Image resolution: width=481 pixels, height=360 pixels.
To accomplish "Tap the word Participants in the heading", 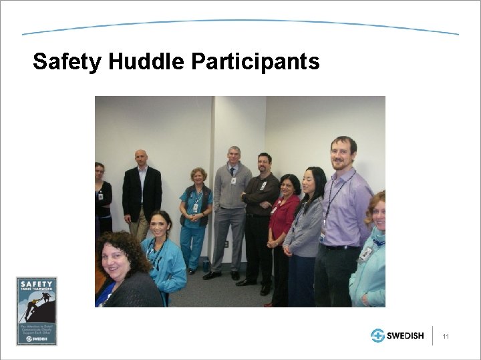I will (x=255, y=62).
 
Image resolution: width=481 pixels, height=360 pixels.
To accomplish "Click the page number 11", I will (x=446, y=337).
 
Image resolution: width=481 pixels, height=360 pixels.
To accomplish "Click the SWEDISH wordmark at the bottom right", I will (x=406, y=336).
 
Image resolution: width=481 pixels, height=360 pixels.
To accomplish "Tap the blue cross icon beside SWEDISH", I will (x=378, y=336).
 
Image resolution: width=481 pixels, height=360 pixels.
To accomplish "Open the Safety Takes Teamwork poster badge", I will (x=37, y=311).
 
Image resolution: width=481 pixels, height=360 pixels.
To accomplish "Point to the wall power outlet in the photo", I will (x=226, y=244).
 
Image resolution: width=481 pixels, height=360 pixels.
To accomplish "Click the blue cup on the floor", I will (x=206, y=265).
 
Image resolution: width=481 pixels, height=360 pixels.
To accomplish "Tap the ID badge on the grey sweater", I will (x=233, y=181).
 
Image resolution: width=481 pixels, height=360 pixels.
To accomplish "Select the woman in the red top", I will (x=284, y=220).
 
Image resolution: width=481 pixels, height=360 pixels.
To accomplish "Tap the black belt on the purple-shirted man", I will (x=341, y=247).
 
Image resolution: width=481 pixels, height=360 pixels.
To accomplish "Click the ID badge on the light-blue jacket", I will (x=365, y=254).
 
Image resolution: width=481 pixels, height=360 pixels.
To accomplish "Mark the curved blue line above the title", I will (x=240, y=22).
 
